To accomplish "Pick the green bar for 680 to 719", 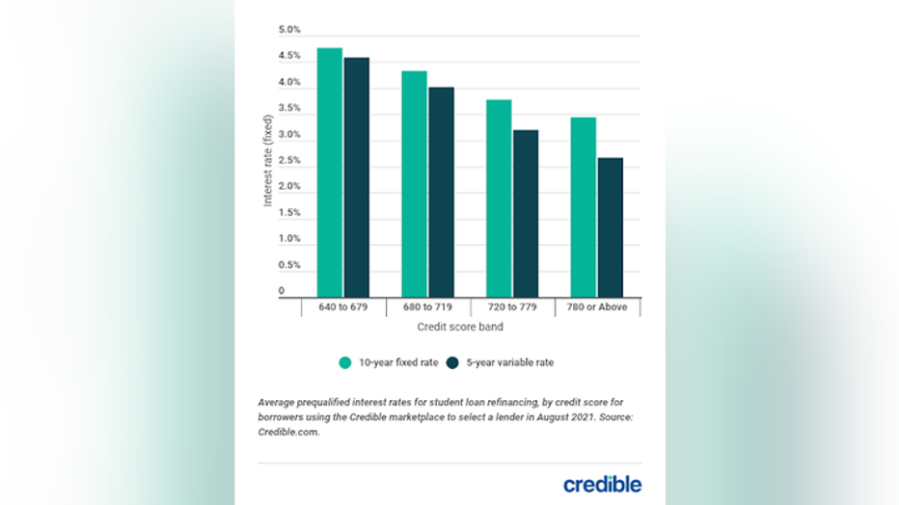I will [x=415, y=183].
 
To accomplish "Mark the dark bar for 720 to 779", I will [x=526, y=213].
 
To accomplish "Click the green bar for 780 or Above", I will [x=584, y=206].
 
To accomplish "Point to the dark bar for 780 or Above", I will [x=610, y=226].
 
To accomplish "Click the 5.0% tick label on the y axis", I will [x=288, y=31].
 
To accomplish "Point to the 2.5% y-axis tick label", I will [x=288, y=160].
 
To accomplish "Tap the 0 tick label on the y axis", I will [x=282, y=290].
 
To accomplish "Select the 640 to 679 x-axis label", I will [x=343, y=307].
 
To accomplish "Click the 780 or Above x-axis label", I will [x=598, y=307].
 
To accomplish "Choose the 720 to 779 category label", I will [x=513, y=307].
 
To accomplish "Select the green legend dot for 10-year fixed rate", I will [x=344, y=363].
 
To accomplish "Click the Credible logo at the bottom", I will [x=602, y=484].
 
